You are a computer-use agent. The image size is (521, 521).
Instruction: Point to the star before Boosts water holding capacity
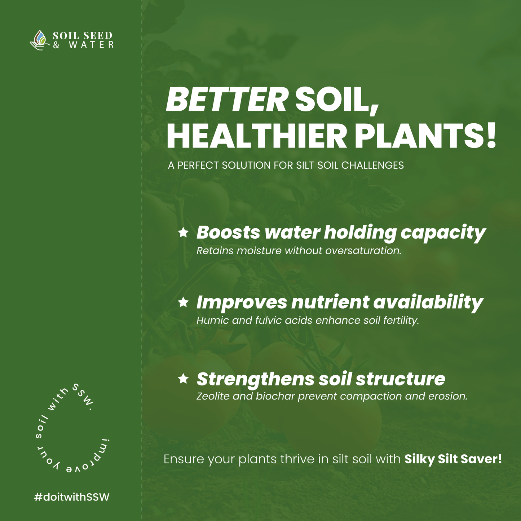pos(183,232)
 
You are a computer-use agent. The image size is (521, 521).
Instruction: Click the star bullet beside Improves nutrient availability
pos(183,302)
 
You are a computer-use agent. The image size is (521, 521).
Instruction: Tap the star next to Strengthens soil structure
pos(183,379)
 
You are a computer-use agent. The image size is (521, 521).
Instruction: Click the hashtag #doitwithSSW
pos(72,497)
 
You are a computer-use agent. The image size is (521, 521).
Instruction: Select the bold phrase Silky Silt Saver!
pos(453,459)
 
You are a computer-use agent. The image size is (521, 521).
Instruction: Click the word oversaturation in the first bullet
pos(363,251)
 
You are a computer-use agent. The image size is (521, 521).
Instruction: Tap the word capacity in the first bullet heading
pos(443,233)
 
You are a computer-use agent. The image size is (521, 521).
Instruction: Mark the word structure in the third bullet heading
pos(401,379)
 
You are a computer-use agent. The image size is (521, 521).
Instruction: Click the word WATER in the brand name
pos(91,45)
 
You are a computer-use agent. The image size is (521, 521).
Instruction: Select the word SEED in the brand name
pos(97,35)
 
